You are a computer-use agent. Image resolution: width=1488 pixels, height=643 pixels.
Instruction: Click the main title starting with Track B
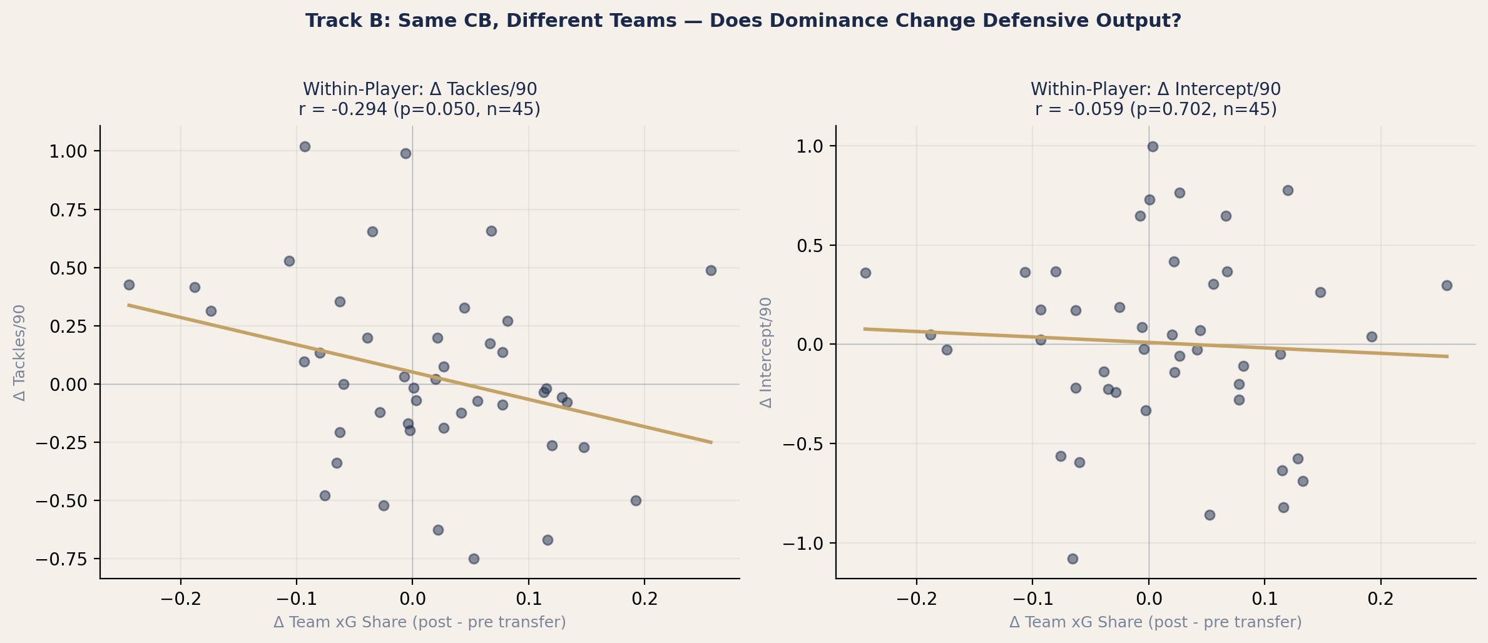pyautogui.click(x=743, y=21)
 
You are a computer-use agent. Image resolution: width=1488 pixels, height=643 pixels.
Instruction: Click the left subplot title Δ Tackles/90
pyautogui.click(x=420, y=89)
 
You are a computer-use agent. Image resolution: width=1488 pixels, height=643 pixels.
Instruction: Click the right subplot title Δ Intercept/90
pyautogui.click(x=1155, y=89)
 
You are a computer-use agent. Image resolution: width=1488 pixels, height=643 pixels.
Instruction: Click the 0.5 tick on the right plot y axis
pyautogui.click(x=812, y=246)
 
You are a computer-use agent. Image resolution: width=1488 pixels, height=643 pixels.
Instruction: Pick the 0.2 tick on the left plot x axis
pyautogui.click(x=645, y=599)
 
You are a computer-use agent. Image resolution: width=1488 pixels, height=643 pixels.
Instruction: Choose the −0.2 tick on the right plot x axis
pyautogui.click(x=917, y=599)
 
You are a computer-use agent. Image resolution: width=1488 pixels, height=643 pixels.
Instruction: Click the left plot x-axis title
pyautogui.click(x=419, y=622)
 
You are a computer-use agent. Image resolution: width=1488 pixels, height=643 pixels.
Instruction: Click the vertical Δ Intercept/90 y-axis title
pyautogui.click(x=766, y=353)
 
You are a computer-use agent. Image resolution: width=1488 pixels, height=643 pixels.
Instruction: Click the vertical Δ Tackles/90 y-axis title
pyautogui.click(x=20, y=353)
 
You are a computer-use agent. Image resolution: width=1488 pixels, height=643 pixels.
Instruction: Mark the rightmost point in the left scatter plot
pyautogui.click(x=711, y=271)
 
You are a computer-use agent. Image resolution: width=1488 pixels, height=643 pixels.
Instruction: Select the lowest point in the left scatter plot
pyautogui.click(x=474, y=559)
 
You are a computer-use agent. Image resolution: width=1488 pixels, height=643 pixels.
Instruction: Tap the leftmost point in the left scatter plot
pyautogui.click(x=129, y=285)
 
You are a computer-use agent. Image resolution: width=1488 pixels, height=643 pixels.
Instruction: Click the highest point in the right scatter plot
pyautogui.click(x=1153, y=146)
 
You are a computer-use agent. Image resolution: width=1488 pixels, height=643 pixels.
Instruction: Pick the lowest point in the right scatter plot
pyautogui.click(x=1073, y=559)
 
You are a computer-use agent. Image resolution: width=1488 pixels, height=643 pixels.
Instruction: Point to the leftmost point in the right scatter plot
pyautogui.click(x=865, y=273)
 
